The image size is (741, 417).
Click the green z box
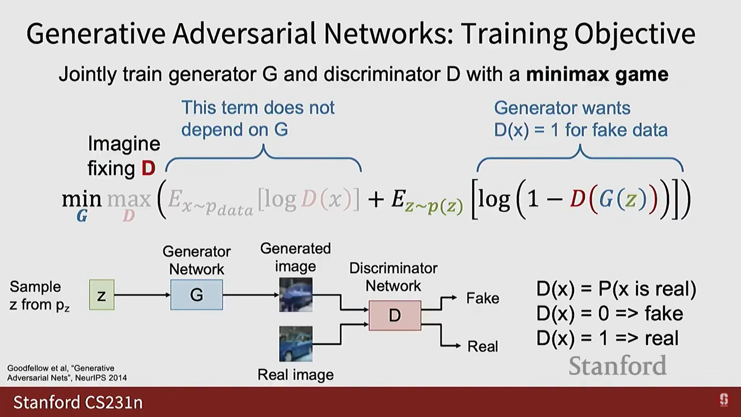coord(102,295)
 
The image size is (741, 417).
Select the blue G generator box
coord(196,295)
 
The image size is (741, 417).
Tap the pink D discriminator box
coord(394,315)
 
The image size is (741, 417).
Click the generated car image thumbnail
coord(296,295)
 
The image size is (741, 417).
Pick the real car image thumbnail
coord(296,344)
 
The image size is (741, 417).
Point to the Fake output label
coord(482,298)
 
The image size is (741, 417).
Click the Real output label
coord(482,346)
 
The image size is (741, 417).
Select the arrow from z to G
coord(142,295)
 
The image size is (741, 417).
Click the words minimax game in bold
coord(597,74)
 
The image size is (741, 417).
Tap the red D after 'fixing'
coord(148,168)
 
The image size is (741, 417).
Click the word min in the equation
coord(81,199)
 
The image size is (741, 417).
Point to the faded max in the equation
coord(129,199)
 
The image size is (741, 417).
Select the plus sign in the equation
coord(376,200)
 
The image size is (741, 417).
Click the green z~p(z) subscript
coord(434,207)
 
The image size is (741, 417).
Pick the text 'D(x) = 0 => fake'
coord(609,313)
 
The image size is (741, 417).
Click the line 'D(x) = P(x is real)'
coord(616,288)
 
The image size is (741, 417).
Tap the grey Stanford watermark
coord(617,366)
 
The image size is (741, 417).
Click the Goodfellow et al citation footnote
coord(67,373)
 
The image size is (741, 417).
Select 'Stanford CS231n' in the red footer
coord(78,402)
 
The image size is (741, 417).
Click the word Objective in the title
coord(635,34)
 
